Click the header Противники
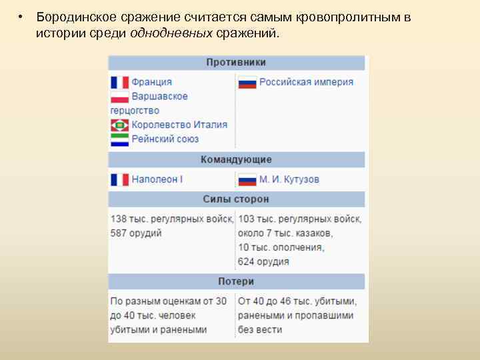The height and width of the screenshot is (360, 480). pos(236,63)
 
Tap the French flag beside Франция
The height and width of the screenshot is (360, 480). pos(120,82)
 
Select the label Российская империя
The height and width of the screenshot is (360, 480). pos(306,82)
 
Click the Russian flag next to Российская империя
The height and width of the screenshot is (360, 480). pos(247,83)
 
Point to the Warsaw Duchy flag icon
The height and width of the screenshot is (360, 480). pos(120,97)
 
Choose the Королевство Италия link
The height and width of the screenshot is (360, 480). pos(179,125)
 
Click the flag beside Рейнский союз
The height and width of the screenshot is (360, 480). pos(120,139)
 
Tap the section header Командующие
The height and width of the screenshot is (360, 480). pos(236,160)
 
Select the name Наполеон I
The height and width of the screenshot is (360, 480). pos(157,179)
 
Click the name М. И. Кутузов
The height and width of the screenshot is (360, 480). pos(289,179)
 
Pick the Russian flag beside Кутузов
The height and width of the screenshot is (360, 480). pos(247,180)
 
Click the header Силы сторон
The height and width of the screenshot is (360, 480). pos(236,199)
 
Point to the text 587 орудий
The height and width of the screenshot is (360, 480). pos(136,233)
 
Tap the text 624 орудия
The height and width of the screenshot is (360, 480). pos(263,261)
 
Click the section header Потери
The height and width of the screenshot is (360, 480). pos(236,281)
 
